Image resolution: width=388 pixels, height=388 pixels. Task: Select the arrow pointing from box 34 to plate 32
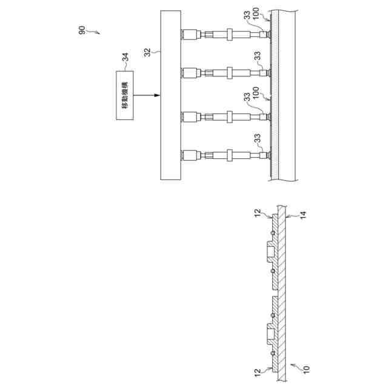145,95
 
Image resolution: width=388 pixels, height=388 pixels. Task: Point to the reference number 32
147,53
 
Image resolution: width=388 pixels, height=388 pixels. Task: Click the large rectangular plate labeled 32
170,95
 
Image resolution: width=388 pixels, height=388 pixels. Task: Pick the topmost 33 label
247,18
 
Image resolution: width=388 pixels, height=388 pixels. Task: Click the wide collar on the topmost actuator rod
231,34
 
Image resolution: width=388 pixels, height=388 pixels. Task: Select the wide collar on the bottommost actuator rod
231,155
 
